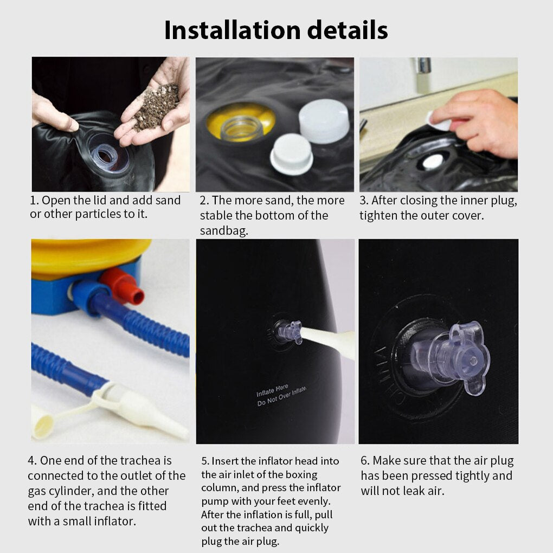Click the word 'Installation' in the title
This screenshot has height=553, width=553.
232,30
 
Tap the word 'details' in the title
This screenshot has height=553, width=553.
348,30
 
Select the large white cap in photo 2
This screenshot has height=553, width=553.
324,121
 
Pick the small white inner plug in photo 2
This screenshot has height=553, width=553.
291,154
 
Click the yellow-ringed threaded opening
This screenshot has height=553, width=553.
241,123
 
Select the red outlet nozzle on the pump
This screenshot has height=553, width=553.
124,285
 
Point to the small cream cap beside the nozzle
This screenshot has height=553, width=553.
42,421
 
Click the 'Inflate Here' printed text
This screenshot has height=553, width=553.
272,390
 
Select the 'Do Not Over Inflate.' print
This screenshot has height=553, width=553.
282,396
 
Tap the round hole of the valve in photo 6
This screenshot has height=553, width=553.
473,361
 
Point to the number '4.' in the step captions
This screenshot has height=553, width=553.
32,460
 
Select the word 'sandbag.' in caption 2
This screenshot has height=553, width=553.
224,230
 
